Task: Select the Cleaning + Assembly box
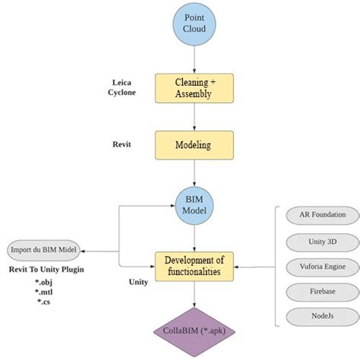[x=194, y=88]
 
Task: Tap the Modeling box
[x=194, y=145]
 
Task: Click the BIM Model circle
[x=194, y=204]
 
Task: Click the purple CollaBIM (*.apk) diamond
[x=194, y=330]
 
